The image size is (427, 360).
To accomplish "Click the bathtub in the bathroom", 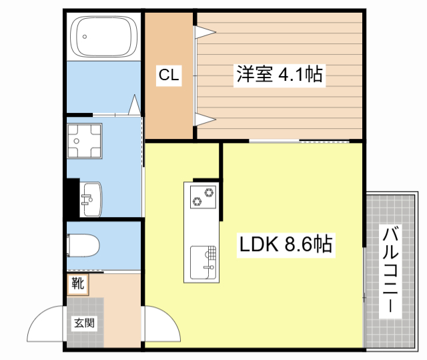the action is pyautogui.click(x=103, y=37).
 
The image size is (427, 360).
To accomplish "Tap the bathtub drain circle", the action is pyautogui.click(x=85, y=37).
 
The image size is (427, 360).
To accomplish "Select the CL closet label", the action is pyautogui.click(x=169, y=74).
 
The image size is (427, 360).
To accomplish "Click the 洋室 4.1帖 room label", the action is pyautogui.click(x=280, y=73).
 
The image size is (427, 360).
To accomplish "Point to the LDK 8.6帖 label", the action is pyautogui.click(x=286, y=244).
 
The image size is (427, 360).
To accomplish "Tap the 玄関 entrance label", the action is pyautogui.click(x=85, y=323).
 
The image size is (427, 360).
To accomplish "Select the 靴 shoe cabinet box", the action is pyautogui.click(x=78, y=285).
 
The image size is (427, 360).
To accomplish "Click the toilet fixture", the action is pyautogui.click(x=83, y=245).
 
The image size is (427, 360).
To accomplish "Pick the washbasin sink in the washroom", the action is pyautogui.click(x=91, y=199).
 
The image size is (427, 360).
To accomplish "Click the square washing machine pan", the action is pyautogui.click(x=85, y=141).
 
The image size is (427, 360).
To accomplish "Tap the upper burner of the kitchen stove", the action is pyautogui.click(x=209, y=192).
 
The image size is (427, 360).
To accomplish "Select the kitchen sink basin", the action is pyautogui.click(x=203, y=262).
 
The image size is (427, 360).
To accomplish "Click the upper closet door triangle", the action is pyautogui.click(x=205, y=32).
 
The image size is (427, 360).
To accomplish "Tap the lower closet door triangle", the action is pyautogui.click(x=205, y=120).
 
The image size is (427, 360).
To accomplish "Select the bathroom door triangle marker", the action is pyautogui.click(x=135, y=105).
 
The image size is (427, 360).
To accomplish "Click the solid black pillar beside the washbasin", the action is pyautogui.click(x=73, y=198).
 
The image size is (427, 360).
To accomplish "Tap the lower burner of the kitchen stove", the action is pyautogui.click(x=197, y=202).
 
